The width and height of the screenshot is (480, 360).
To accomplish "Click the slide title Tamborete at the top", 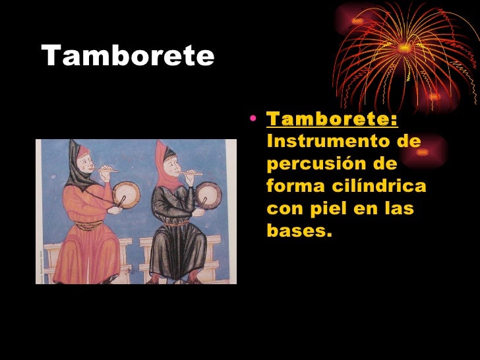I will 128,57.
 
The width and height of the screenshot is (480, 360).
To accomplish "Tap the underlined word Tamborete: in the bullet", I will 332,120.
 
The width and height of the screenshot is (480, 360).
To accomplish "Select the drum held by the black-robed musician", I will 210,193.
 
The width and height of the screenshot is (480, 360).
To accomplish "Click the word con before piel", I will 283,209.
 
